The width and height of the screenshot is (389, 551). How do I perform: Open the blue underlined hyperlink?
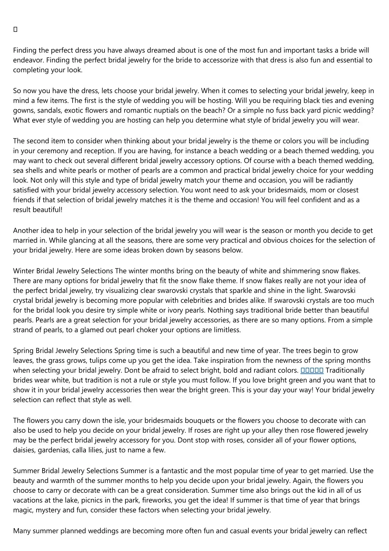point(312,370)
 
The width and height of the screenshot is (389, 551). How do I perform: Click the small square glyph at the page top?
point(15,30)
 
